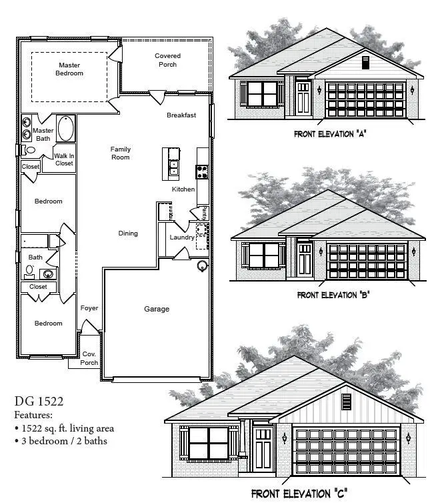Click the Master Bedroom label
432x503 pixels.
coord(69,69)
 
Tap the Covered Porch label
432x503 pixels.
coord(167,60)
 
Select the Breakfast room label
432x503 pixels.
coord(181,115)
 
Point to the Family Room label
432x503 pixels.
coord(120,153)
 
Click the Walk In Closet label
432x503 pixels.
coord(64,159)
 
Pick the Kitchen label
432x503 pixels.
coord(183,189)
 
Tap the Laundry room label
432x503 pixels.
coord(181,237)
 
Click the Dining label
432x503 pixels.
coord(128,233)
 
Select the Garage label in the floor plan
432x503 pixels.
coord(157,309)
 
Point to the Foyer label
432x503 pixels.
coord(89,308)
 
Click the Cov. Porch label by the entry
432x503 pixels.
coord(89,358)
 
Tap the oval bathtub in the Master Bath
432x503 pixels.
coord(66,129)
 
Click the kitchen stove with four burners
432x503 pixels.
coord(203,171)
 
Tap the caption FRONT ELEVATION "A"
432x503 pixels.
coord(331,134)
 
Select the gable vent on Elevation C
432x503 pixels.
coord(346,402)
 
